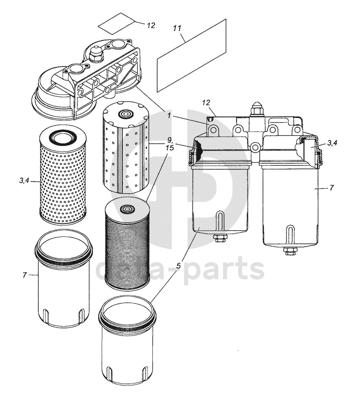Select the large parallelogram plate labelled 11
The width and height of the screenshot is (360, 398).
(x=192, y=55)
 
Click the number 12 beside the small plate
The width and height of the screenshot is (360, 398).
(x=151, y=25)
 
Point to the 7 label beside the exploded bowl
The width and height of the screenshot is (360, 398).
(x=25, y=275)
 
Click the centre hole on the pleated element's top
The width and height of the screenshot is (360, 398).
(x=127, y=209)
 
